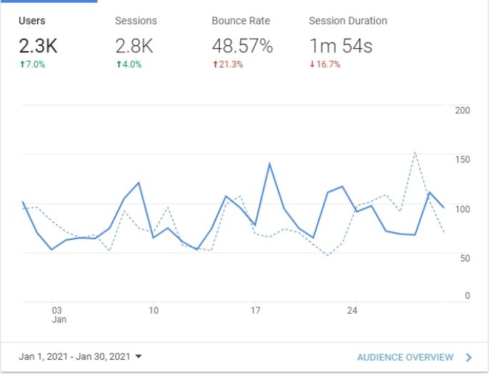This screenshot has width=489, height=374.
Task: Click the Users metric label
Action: (32, 21)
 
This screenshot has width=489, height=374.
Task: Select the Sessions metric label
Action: (136, 21)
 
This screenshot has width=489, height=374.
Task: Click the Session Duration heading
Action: (347, 21)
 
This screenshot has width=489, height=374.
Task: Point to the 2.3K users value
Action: (39, 47)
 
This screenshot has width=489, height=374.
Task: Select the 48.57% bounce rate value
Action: (242, 47)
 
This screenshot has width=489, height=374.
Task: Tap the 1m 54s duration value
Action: (341, 47)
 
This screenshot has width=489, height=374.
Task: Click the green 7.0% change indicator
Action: (32, 64)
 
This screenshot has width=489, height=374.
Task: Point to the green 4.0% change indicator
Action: (129, 64)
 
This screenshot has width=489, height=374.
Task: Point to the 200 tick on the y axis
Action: (463, 110)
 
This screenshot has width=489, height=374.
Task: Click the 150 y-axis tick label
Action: (463, 159)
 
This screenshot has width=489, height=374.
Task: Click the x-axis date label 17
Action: (255, 311)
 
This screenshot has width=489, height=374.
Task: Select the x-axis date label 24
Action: (352, 311)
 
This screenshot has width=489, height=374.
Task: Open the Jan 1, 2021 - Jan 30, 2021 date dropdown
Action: (80, 357)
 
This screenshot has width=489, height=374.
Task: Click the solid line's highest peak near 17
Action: (269, 164)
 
